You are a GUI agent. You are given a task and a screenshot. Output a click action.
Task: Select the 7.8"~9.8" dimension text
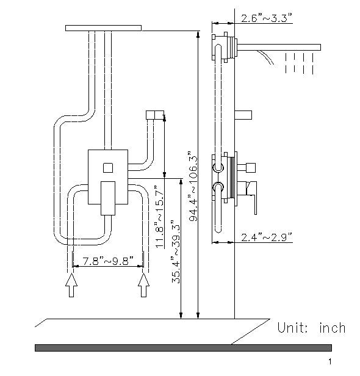tap(108, 261)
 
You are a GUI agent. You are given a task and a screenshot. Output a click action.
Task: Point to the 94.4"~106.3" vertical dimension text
tap(193, 178)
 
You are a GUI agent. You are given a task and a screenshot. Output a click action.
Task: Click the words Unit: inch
tap(311, 328)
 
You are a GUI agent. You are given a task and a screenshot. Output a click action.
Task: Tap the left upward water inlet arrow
tap(71, 284)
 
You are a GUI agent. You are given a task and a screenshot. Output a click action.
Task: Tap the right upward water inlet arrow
tap(144, 284)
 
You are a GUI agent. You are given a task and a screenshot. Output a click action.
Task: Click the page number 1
tap(347, 363)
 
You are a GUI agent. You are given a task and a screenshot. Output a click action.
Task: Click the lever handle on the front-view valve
tap(107, 197)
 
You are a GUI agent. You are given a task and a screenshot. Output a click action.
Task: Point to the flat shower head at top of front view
tap(103, 27)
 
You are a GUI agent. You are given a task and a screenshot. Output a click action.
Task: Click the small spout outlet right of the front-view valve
tap(156, 115)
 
